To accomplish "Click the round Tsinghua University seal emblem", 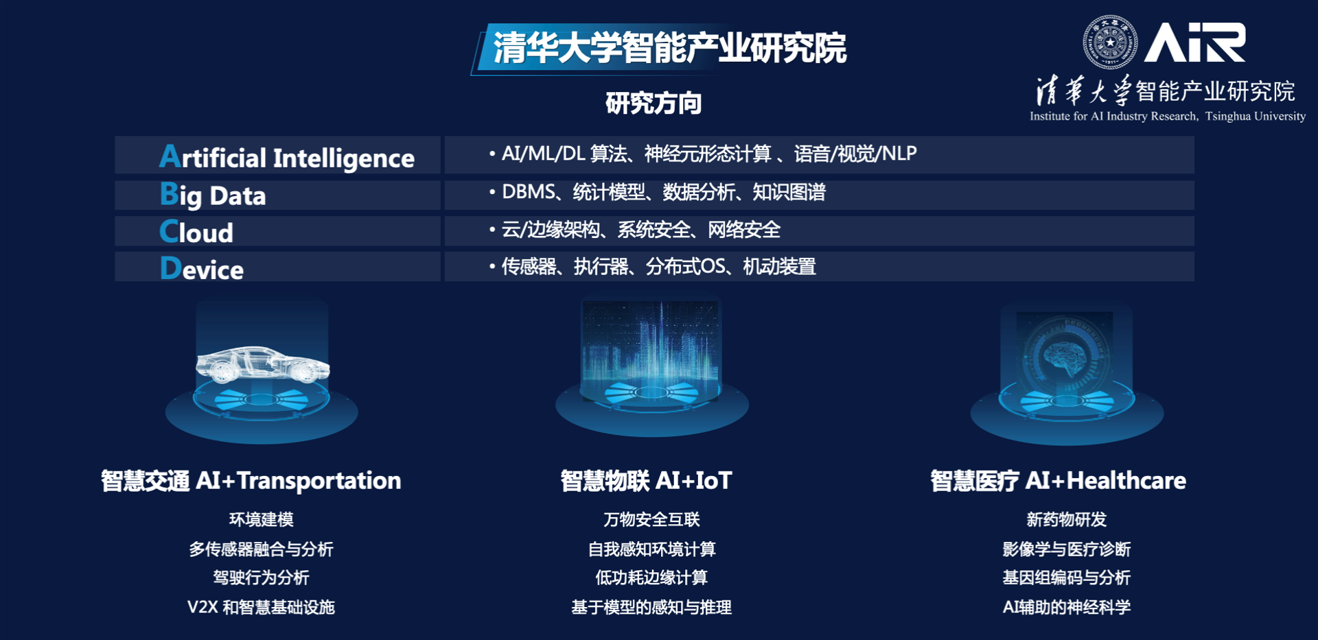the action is pos(1109,42).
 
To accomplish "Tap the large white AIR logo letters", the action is pos(1195,43).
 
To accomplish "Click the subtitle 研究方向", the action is pos(654,104).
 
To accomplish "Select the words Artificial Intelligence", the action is pos(287,157).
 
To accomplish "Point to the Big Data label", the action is pos(213,195).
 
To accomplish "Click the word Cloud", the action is pos(196,232).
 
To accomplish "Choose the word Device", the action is pos(202,269).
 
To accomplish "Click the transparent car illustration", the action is pos(263,364).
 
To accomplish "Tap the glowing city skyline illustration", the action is pos(650,350).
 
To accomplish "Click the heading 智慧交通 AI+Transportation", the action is pos(251,481).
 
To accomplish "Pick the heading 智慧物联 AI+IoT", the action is pos(647,481).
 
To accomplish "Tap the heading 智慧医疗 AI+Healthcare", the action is pos(1058,481).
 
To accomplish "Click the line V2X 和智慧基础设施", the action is pos(261,607).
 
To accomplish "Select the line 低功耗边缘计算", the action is pos(651,578).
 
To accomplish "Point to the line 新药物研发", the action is pos(1067,519).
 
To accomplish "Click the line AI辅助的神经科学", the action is pos(1067,607).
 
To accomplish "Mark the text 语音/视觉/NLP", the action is pos(855,154).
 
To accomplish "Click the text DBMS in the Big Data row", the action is pos(529,192).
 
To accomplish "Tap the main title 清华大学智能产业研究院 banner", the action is pos(660,49).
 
